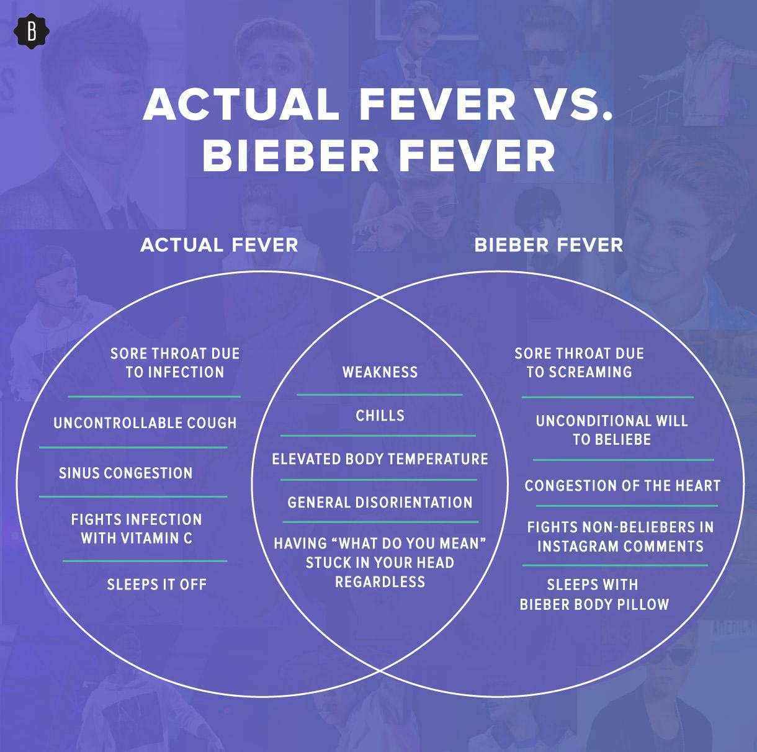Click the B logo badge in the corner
pyautogui.click(x=32, y=32)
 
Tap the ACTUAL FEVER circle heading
pyautogui.click(x=219, y=244)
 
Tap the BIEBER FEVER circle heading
pyautogui.click(x=549, y=244)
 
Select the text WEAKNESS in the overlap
pyautogui.click(x=380, y=372)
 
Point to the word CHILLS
pyautogui.click(x=380, y=416)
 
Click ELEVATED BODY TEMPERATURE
pyautogui.click(x=380, y=459)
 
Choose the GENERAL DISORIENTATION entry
pyautogui.click(x=380, y=503)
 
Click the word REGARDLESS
pyautogui.click(x=380, y=582)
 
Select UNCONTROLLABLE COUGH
pyautogui.click(x=145, y=423)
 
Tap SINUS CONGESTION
pyautogui.click(x=126, y=473)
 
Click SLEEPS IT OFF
pyautogui.click(x=157, y=584)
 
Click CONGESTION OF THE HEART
pyautogui.click(x=622, y=485)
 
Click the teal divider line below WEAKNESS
pyautogui.click(x=380, y=395)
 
